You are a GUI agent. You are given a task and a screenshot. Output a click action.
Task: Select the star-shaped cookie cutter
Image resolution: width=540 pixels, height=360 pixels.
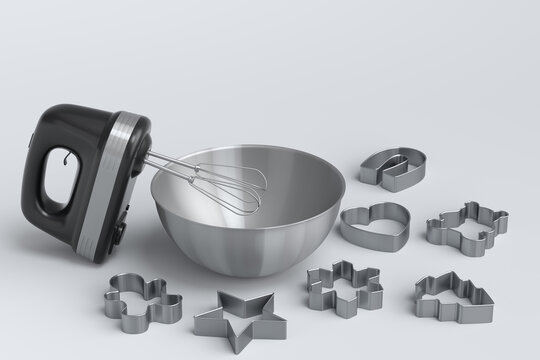tap(239, 318)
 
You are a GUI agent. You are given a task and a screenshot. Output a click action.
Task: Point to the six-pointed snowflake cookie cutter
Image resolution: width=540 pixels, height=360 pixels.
tap(344, 287)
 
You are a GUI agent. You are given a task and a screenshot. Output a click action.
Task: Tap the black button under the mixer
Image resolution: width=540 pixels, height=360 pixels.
tap(120, 229)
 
